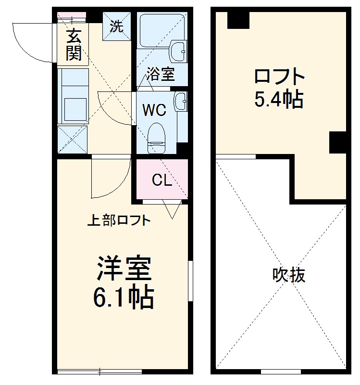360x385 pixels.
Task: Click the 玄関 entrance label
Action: (73, 45)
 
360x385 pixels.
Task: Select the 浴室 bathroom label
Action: (160, 74)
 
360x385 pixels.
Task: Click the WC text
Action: (154, 110)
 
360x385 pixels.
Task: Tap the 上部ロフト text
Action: (119, 221)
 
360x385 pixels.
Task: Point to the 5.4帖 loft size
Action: (279, 99)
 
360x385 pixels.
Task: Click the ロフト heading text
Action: (279, 77)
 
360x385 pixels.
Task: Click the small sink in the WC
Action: (181, 101)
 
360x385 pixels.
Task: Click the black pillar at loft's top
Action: (238, 20)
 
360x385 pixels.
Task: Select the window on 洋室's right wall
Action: (190, 282)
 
